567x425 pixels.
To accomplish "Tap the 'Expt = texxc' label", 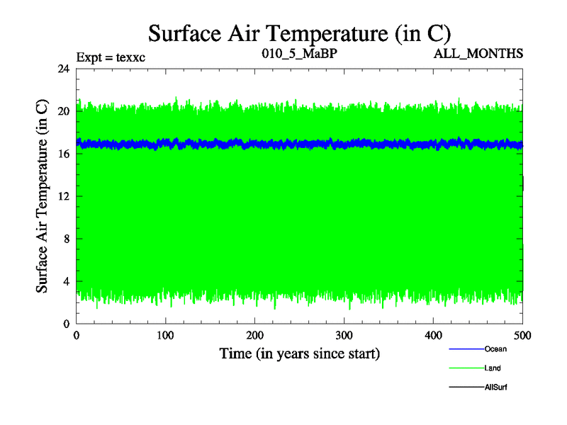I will (x=111, y=56).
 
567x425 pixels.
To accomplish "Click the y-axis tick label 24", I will (x=62, y=69).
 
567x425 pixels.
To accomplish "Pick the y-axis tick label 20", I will (x=62, y=111).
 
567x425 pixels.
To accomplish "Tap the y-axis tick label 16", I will (x=62, y=154).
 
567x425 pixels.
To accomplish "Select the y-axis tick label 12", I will (x=62, y=196).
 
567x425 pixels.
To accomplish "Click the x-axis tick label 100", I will (x=166, y=335).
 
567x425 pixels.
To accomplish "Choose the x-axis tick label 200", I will (x=255, y=335).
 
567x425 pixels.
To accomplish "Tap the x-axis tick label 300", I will (x=344, y=335).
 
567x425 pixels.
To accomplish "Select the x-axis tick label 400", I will (x=434, y=335).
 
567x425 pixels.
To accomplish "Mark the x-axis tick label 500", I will (x=522, y=335).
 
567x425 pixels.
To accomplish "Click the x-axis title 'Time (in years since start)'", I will (x=300, y=353).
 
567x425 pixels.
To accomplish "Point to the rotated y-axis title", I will (x=43, y=196).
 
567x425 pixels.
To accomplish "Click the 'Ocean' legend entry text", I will (x=495, y=349).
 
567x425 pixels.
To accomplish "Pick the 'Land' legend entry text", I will (x=493, y=368).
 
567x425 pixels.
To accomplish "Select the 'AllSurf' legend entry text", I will (x=496, y=387).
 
